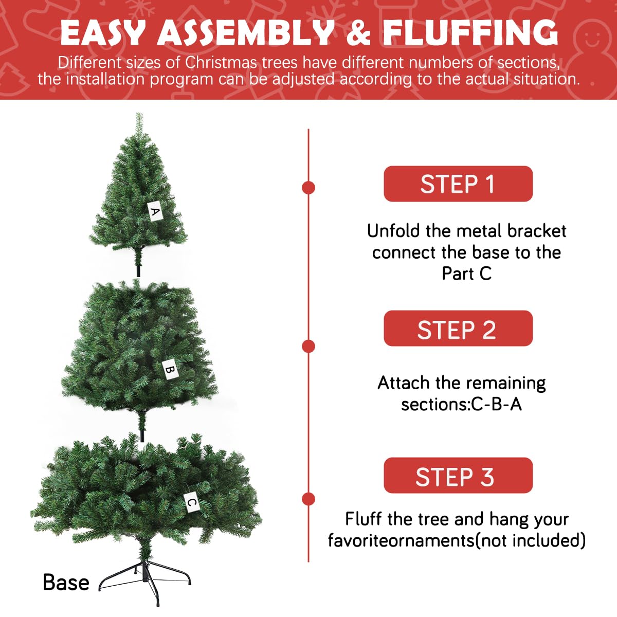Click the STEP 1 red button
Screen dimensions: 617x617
coord(458,184)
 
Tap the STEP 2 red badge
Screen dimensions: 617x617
coord(458,329)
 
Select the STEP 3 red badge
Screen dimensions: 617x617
coord(458,476)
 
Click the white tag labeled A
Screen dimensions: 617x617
coord(155,211)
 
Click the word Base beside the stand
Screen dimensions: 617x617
coord(66,583)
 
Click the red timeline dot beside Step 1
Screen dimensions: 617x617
coord(308,188)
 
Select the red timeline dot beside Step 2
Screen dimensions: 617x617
coord(308,346)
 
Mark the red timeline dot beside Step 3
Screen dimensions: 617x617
coord(308,499)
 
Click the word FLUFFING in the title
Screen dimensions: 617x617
coord(470,33)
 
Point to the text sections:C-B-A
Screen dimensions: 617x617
coord(461,405)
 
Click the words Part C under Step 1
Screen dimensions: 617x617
coord(466,274)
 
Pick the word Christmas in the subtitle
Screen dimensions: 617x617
coord(221,63)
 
